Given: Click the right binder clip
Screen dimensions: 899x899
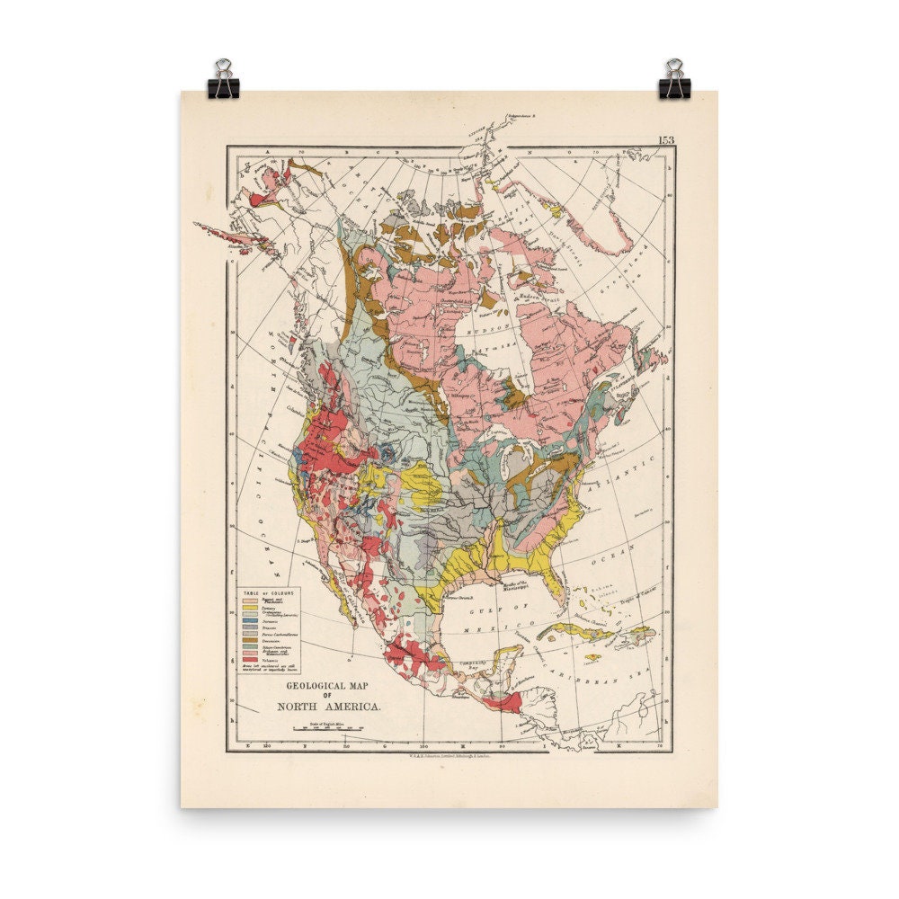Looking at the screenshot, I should pos(673,78).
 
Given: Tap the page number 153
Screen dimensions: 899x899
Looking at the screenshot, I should pos(666,139).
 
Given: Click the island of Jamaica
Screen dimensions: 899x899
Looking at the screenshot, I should pos(593,657).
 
